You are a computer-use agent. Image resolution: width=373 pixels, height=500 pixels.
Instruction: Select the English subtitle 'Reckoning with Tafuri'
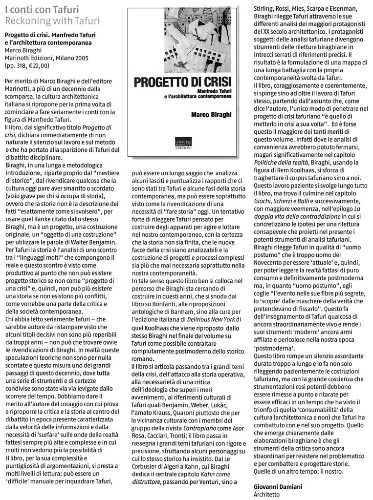coord(52,21)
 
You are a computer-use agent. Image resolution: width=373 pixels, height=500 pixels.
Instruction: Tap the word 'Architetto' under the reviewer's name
coord(267,494)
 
